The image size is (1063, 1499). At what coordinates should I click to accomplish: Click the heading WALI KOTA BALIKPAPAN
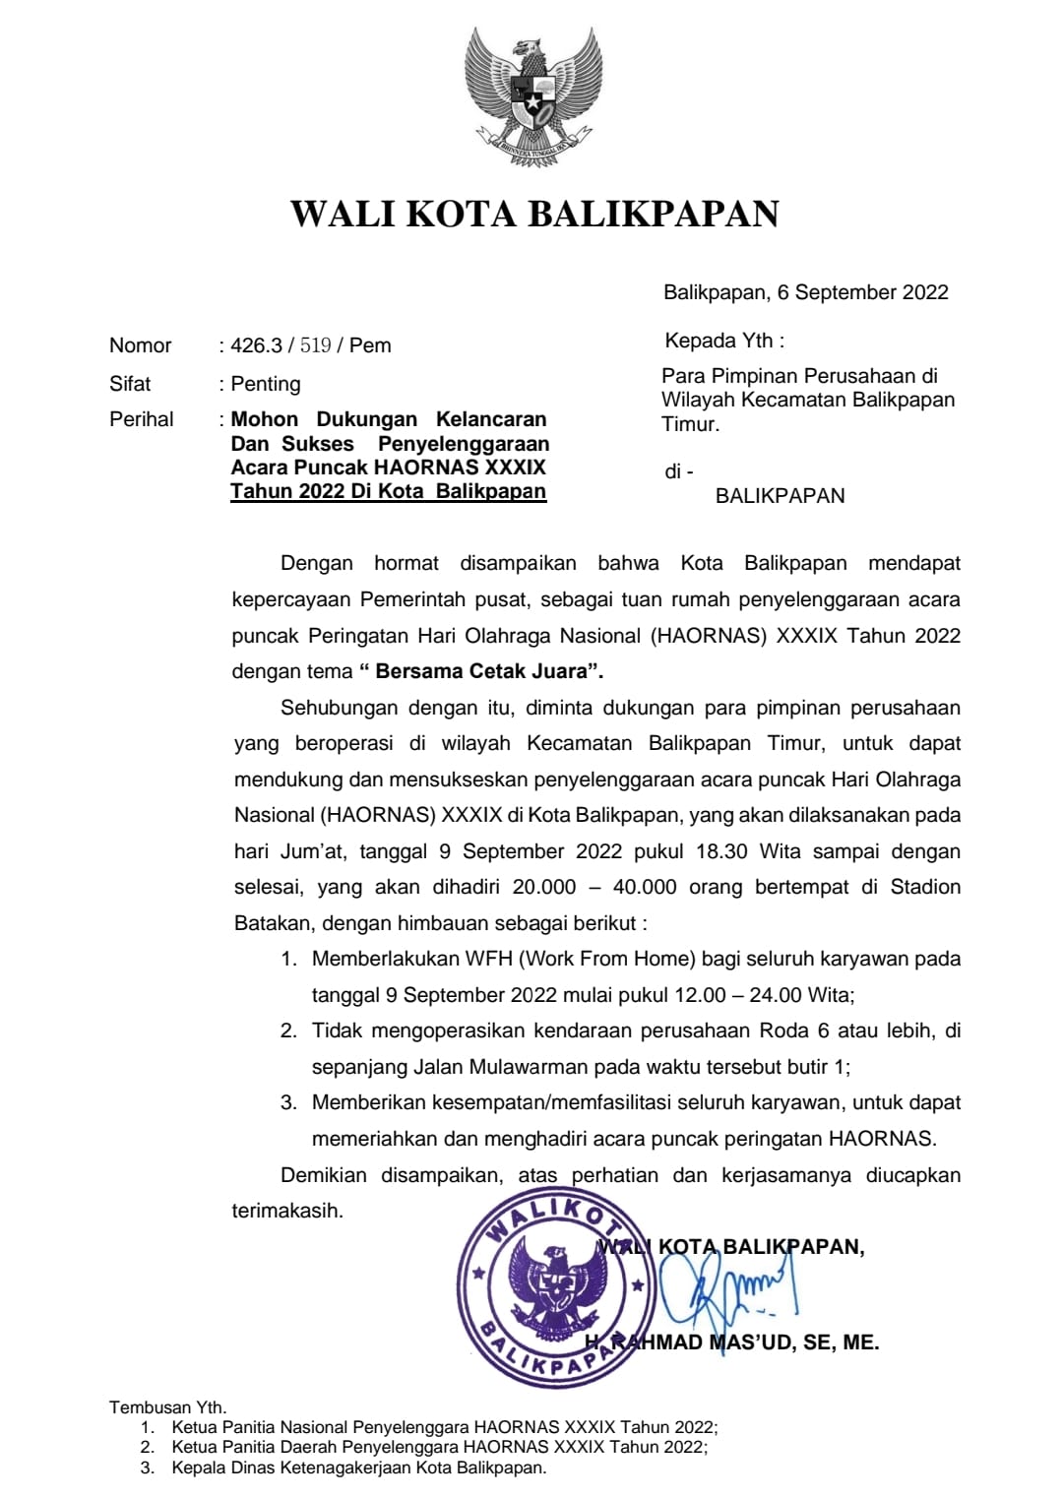point(534,214)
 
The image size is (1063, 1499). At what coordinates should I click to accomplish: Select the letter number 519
point(315,345)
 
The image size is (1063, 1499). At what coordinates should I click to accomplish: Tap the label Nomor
point(140,345)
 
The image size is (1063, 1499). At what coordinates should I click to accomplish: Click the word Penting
point(266,384)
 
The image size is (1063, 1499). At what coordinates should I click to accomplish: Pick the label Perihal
point(141,419)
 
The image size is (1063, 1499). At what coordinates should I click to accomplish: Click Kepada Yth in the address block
point(724,342)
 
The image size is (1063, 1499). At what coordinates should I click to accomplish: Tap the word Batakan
point(272,923)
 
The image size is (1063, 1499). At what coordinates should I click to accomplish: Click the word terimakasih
point(287,1212)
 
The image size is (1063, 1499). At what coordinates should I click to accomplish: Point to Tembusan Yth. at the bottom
point(167,1407)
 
